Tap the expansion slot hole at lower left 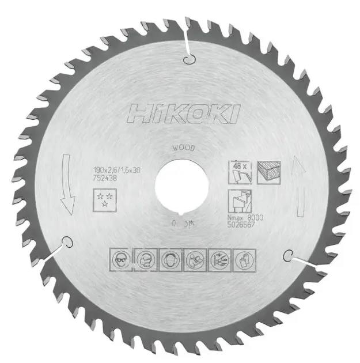(x=66, y=243)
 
